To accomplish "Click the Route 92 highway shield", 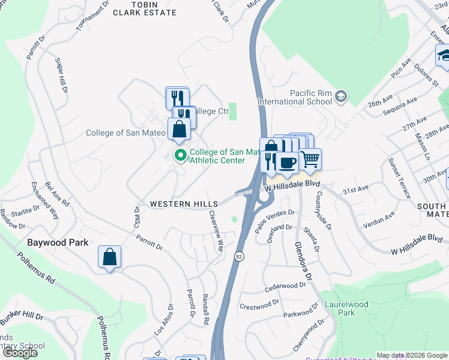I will pyautogui.click(x=238, y=256).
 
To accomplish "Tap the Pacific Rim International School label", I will pyautogui.click(x=295, y=97).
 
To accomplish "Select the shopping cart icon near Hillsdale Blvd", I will pyautogui.click(x=310, y=159).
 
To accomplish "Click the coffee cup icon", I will pyautogui.click(x=287, y=163).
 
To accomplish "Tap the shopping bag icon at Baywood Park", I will pyautogui.click(x=110, y=257).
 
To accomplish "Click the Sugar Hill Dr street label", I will pyautogui.click(x=62, y=75).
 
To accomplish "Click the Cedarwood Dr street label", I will pyautogui.click(x=285, y=287).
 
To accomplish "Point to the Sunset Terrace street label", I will pyautogui.click(x=399, y=178).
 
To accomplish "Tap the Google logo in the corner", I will pyautogui.click(x=20, y=353).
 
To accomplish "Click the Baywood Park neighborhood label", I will pyautogui.click(x=58, y=243).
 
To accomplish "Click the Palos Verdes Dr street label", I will pyautogui.click(x=276, y=214).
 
